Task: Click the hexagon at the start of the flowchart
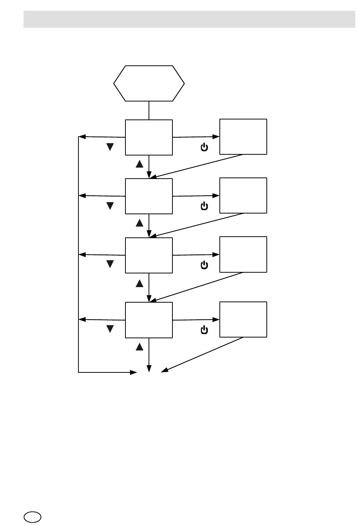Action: (x=149, y=83)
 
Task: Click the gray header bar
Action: (x=189, y=19)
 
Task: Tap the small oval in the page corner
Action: (x=33, y=517)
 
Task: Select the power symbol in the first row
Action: (x=204, y=147)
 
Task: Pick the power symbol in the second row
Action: (x=204, y=206)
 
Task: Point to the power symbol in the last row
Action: (x=204, y=330)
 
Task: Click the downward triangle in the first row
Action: (x=110, y=147)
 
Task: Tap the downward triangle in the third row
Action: (x=110, y=264)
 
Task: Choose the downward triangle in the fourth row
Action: (x=110, y=329)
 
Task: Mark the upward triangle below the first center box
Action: (x=139, y=164)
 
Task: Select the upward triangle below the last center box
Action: (x=139, y=346)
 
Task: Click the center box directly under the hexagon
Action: (x=149, y=137)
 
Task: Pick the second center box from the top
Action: (x=149, y=196)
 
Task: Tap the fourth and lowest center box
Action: (x=149, y=320)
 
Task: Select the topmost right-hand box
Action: (x=243, y=137)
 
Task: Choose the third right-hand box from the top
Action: (x=243, y=254)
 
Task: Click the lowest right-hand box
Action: (x=243, y=319)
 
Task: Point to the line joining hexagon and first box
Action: (x=149, y=110)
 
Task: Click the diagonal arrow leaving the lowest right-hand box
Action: (x=203, y=354)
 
